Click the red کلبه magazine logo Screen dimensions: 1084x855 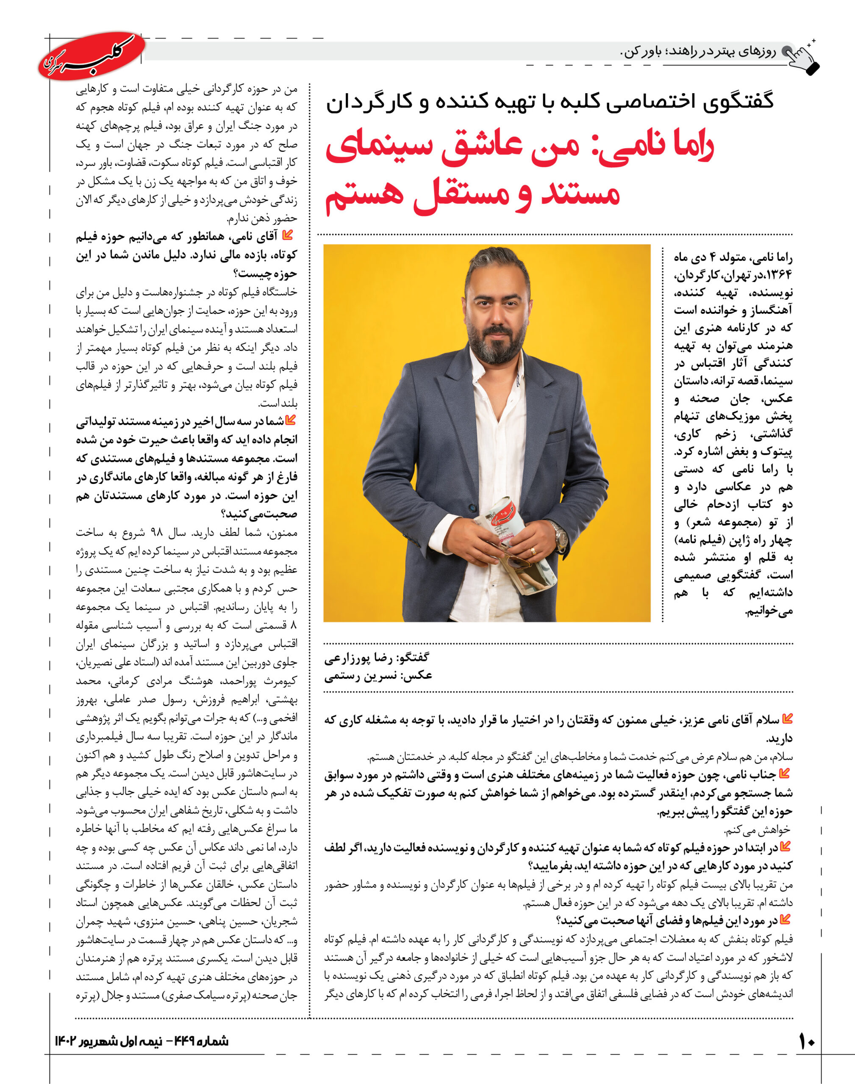[92, 56]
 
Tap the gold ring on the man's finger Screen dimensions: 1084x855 [533, 551]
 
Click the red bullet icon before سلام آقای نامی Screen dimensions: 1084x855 [787, 719]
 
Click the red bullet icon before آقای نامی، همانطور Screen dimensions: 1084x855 [287, 235]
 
